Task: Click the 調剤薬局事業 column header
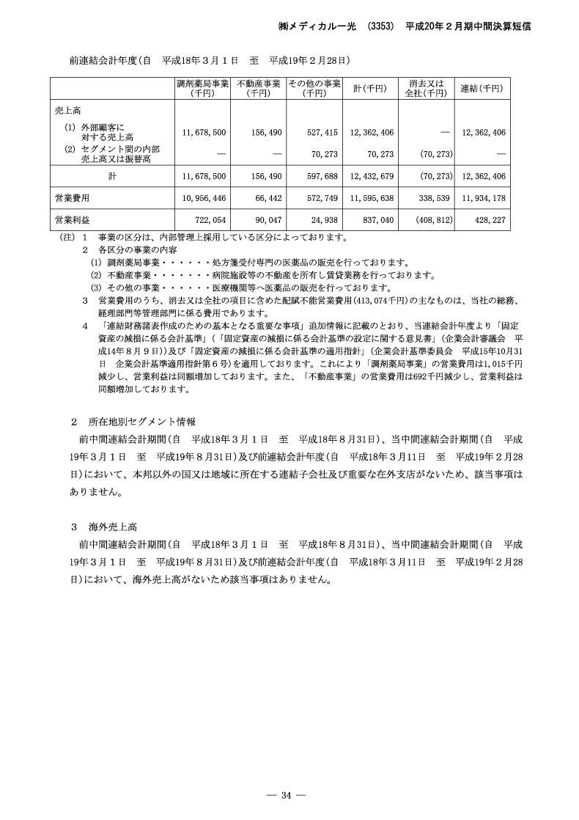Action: tap(202, 88)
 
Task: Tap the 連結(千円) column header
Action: tap(482, 88)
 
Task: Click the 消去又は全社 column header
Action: tap(426, 88)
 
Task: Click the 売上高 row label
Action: tap(67, 110)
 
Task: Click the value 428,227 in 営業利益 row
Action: tap(487, 219)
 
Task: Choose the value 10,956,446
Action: tap(204, 198)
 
